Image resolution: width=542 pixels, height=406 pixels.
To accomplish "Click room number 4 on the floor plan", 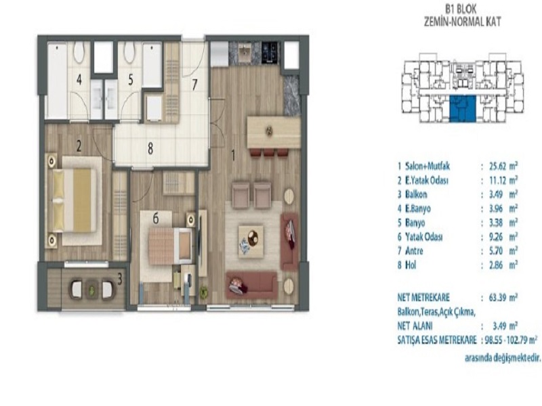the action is click(79, 80).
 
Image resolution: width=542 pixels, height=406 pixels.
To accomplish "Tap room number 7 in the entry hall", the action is click(194, 85).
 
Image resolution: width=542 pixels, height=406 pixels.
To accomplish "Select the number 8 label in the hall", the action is click(150, 149).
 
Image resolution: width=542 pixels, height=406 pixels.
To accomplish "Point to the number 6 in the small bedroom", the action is click(156, 218).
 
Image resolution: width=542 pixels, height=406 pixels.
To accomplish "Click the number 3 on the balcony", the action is click(120, 279).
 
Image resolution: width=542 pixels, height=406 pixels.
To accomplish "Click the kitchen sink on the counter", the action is click(246, 52).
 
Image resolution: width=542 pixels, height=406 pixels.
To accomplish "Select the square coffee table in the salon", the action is click(251, 242).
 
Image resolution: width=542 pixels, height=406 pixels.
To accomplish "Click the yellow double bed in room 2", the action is click(75, 200).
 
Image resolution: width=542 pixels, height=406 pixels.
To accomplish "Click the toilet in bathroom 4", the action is click(79, 53).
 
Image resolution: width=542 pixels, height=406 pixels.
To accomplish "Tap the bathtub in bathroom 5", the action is click(152, 65).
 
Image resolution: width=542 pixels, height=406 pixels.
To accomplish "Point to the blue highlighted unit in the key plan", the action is click(462, 109).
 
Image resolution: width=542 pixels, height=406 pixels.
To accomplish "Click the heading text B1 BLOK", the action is click(463, 9).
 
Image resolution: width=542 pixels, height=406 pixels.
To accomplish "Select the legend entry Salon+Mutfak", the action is click(428, 166).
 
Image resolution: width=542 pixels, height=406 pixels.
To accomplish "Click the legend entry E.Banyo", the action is click(418, 208).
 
